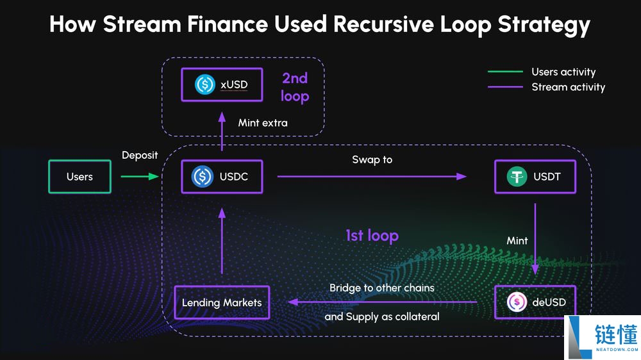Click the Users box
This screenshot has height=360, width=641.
[79, 177]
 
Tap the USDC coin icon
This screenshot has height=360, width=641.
[203, 177]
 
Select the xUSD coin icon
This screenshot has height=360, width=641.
[205, 85]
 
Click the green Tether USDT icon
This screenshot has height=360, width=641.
[517, 177]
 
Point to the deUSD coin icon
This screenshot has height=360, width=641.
[517, 302]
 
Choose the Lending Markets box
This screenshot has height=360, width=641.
[222, 302]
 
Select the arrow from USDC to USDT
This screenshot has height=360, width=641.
[372, 176]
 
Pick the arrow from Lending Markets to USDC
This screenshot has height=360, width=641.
[222, 240]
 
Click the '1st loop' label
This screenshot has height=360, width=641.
[372, 236]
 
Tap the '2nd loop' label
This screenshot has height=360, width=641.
[295, 87]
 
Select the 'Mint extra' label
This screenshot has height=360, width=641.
[263, 122]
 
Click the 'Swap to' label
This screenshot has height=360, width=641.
[372, 159]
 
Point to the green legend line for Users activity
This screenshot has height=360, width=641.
[505, 72]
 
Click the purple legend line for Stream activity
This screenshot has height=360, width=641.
[505, 86]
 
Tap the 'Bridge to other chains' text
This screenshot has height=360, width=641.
[381, 288]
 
